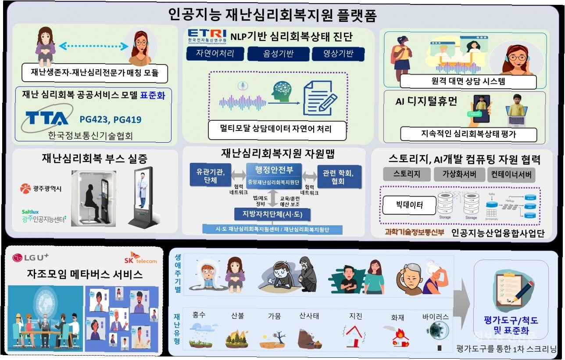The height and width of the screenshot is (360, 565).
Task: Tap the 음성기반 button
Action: [x=275, y=54]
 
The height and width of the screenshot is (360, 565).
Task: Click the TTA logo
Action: [x=46, y=119]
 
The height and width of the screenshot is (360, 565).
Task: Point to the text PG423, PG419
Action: [x=111, y=119]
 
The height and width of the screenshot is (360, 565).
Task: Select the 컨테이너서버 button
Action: [x=511, y=174]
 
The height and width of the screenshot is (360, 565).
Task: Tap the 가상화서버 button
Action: [x=460, y=174]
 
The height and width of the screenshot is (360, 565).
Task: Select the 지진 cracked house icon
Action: [x=355, y=336]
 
